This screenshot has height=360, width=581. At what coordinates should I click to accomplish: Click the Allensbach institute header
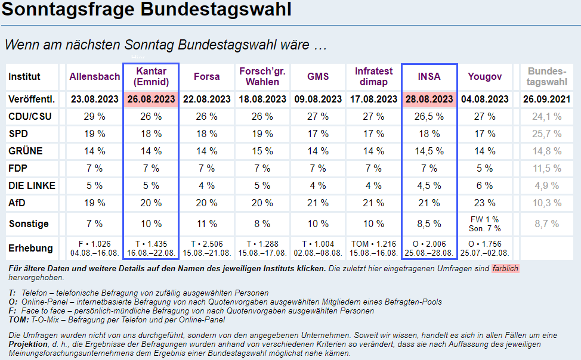pyautogui.click(x=95, y=76)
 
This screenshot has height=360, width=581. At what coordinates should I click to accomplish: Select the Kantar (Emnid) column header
pyautogui.click(x=150, y=76)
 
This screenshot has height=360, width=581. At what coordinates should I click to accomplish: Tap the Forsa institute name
pyautogui.click(x=206, y=76)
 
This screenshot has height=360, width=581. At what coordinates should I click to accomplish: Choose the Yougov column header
pyautogui.click(x=484, y=76)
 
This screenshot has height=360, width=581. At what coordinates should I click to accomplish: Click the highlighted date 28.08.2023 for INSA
pyautogui.click(x=429, y=99)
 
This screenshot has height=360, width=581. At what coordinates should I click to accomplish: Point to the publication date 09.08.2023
pyautogui.click(x=318, y=99)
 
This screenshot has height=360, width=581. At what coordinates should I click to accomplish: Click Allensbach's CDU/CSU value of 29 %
pyautogui.click(x=95, y=117)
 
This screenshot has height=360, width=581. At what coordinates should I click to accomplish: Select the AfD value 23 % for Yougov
pyautogui.click(x=484, y=203)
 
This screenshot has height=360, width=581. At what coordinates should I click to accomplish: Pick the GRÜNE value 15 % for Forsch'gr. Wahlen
pyautogui.click(x=262, y=151)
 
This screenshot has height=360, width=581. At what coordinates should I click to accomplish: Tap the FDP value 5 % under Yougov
pyautogui.click(x=484, y=169)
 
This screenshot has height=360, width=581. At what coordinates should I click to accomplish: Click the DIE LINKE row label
pyautogui.click(x=32, y=186)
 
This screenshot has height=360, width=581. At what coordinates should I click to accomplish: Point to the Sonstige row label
pyautogui.click(x=29, y=224)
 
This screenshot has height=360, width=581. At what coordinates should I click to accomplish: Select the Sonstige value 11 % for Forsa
pyautogui.click(x=206, y=224)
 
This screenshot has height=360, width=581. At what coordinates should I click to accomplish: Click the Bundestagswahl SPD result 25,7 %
pyautogui.click(x=547, y=134)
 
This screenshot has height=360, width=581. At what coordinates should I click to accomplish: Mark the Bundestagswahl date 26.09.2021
pyautogui.click(x=547, y=99)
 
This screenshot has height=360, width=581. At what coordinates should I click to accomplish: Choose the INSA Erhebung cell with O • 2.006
pyautogui.click(x=429, y=248)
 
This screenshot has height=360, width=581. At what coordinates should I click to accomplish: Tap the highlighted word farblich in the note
pyautogui.click(x=505, y=269)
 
